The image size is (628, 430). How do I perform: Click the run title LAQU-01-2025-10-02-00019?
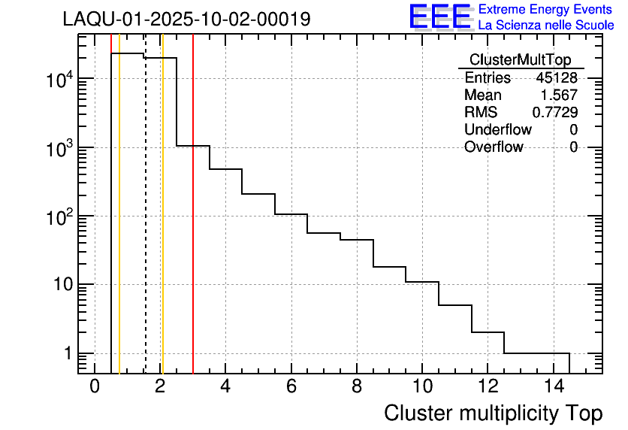pyautogui.click(x=186, y=20)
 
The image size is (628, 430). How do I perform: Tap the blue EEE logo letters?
pyautogui.click(x=440, y=17)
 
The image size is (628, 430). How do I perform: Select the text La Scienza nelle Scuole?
pyautogui.click(x=546, y=26)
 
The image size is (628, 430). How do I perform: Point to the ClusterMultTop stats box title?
pyautogui.click(x=520, y=60)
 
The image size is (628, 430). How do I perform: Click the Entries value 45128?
pyautogui.click(x=557, y=78)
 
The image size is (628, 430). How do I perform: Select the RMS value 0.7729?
pyautogui.click(x=555, y=112)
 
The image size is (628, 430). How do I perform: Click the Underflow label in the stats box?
pyautogui.click(x=497, y=129)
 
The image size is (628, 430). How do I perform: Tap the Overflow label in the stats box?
pyautogui.click(x=494, y=147)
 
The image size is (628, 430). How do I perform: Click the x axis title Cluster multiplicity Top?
pyautogui.click(x=493, y=413)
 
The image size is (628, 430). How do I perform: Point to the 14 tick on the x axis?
pyautogui.click(x=554, y=387)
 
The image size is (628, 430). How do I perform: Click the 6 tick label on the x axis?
pyautogui.click(x=291, y=387)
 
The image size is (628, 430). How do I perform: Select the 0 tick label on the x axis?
pyautogui.click(x=95, y=387)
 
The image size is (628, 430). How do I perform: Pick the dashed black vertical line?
pyautogui.click(x=145, y=226)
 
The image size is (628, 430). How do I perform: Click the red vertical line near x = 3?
pyautogui.click(x=193, y=226)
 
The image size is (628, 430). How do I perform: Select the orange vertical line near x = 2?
pyautogui.click(x=162, y=226)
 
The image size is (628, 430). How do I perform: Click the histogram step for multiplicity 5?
pyautogui.click(x=258, y=194)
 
